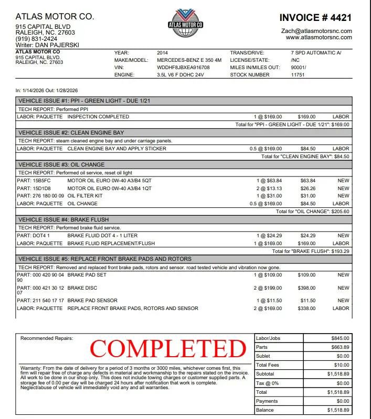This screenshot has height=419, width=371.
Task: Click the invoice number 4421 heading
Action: [x=315, y=17]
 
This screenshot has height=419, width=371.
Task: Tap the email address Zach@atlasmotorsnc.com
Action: [x=316, y=31]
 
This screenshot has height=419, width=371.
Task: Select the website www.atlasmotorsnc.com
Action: [x=319, y=38]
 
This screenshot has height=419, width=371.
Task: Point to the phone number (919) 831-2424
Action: [x=37, y=39]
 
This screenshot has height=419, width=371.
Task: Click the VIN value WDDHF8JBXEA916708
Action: [x=183, y=68]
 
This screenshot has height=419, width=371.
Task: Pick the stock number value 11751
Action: [x=298, y=75]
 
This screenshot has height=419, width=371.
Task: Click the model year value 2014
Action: [x=162, y=53]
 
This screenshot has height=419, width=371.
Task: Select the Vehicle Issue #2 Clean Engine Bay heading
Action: [x=71, y=133]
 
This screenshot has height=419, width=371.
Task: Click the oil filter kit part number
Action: [x=48, y=196]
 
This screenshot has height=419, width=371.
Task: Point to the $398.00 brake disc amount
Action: [x=306, y=288]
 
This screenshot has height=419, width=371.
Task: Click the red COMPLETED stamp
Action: [x=168, y=348]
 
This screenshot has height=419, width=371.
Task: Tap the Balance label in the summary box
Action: [x=264, y=410]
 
